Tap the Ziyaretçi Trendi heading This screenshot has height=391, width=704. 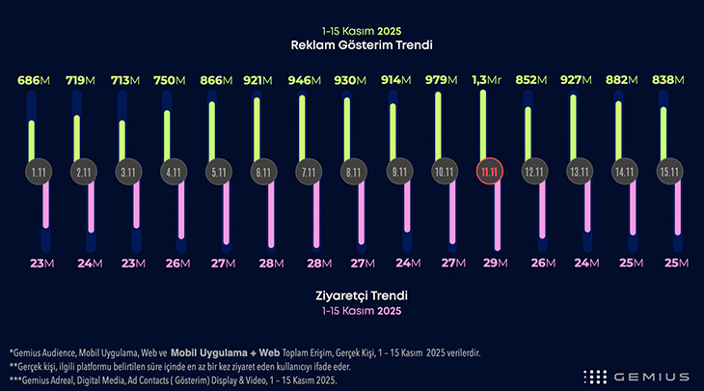point(351,296)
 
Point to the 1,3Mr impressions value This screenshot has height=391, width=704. point(486,81)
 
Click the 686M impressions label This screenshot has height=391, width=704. point(34,81)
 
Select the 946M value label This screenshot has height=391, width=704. point(309,81)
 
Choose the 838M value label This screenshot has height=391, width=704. point(665,81)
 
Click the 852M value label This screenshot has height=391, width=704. point(530,81)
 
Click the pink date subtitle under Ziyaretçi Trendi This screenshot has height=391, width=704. point(351,312)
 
